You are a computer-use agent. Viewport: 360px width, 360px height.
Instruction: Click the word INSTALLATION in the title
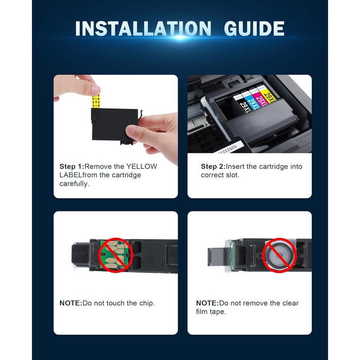143,28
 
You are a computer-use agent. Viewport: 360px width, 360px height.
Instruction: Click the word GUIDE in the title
254,28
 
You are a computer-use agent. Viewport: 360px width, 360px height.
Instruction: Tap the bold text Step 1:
72,166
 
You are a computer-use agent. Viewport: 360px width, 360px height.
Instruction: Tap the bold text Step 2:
213,166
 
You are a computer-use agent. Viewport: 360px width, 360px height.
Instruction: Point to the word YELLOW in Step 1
142,166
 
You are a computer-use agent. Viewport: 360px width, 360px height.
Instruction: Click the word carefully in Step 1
74,184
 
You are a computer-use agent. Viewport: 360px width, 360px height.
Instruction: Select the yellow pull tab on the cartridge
96,101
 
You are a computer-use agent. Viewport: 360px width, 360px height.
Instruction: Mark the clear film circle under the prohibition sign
279,255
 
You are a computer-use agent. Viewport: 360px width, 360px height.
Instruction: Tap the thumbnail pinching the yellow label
95,89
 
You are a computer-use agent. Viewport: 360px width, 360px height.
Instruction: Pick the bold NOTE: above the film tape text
207,303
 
